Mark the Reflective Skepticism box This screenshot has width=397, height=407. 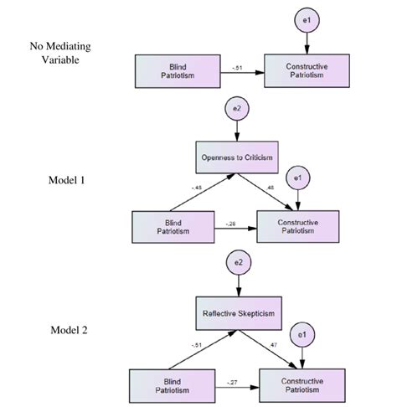click(240, 313)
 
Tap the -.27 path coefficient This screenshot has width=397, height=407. click(233, 381)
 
